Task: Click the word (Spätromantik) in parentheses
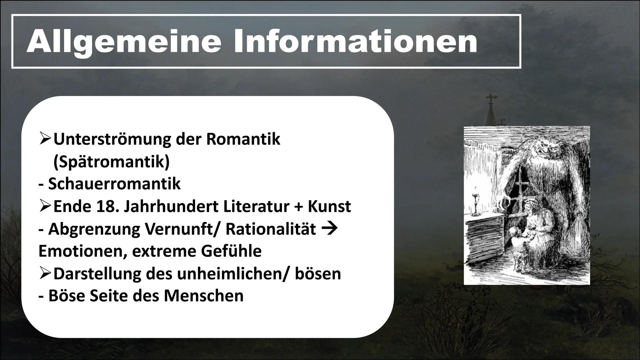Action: (111, 162)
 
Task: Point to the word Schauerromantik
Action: (114, 184)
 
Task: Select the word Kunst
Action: (329, 206)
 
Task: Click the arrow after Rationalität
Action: (330, 229)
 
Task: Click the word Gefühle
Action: (231, 251)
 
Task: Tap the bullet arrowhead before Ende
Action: (45, 207)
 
